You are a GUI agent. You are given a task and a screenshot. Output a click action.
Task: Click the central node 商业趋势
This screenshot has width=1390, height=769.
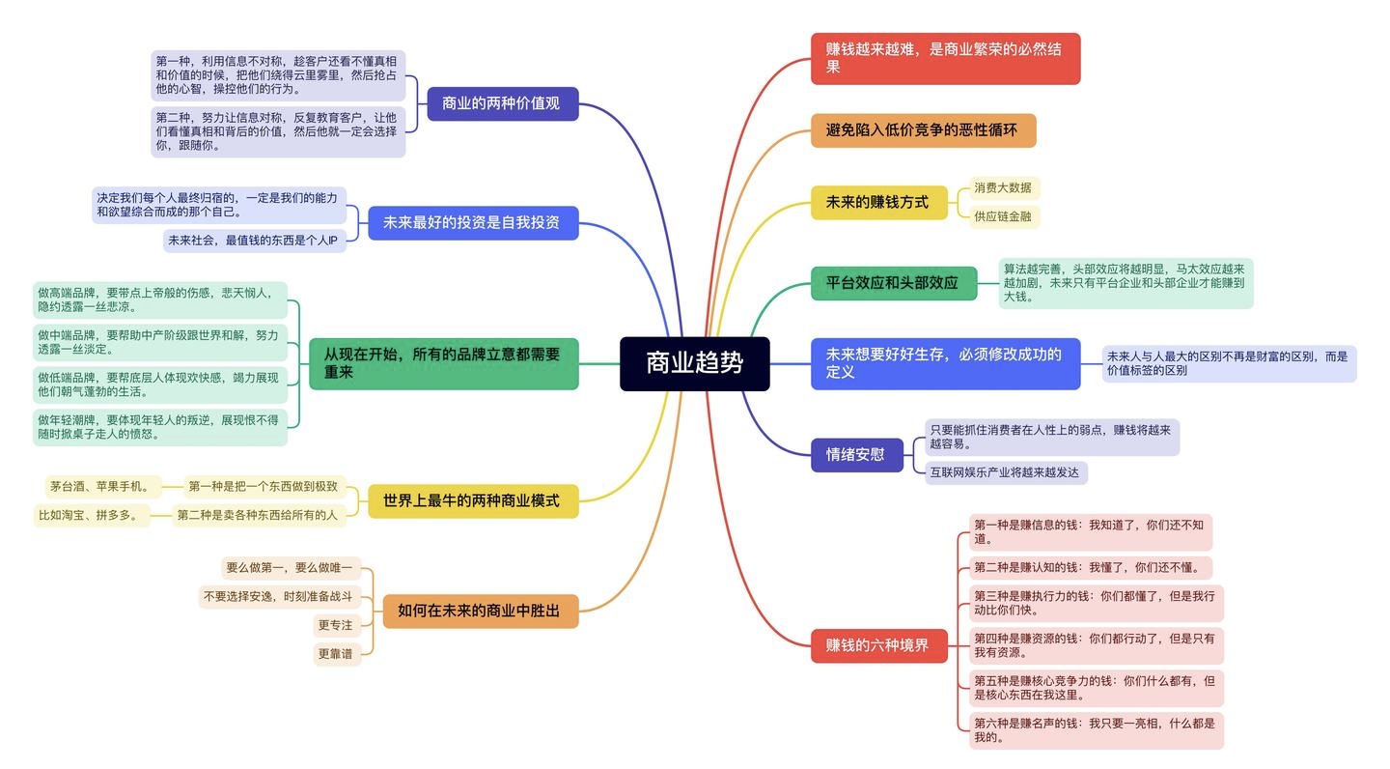pos(694,363)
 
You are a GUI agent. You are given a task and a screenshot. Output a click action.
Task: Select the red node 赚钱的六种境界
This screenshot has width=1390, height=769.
pos(876,645)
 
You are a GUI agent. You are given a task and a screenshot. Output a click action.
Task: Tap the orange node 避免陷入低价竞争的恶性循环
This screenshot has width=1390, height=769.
pos(922,130)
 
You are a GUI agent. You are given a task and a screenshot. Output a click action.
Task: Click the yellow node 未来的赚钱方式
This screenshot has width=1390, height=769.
pos(877,202)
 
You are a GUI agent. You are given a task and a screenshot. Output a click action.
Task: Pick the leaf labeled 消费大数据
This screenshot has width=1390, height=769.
pos(1002,187)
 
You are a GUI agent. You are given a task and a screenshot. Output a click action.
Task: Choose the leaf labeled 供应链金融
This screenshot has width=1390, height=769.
pos(1002,216)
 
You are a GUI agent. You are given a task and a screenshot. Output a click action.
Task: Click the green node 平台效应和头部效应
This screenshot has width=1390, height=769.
pos(893,283)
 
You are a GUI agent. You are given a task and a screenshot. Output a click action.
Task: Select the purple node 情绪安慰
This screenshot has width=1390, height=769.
pos(855,454)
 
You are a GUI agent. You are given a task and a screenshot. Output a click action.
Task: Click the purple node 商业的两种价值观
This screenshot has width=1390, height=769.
pos(502,103)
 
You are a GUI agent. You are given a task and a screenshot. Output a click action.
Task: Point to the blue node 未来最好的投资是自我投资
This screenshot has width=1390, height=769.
pos(472,222)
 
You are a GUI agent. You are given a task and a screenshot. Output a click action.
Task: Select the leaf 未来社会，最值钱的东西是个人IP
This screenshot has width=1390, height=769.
pos(253,240)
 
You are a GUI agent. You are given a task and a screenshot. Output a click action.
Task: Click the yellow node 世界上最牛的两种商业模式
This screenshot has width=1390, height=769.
pos(472,500)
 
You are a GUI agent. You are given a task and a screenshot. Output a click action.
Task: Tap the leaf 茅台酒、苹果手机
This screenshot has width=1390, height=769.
pos(100,486)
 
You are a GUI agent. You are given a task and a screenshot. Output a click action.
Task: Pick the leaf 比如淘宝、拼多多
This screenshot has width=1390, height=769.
pos(94,515)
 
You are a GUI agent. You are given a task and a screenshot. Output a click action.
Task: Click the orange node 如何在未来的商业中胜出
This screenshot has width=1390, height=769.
pos(480,611)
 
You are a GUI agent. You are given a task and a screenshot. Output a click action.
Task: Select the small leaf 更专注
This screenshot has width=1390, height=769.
pos(335,625)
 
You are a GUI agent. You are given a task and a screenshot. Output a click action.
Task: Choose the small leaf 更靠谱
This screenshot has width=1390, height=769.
pos(335,654)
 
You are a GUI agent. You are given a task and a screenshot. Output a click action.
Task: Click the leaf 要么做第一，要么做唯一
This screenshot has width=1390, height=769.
pos(290,567)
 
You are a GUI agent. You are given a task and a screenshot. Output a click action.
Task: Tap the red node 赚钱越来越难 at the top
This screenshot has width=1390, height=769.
pos(944,58)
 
